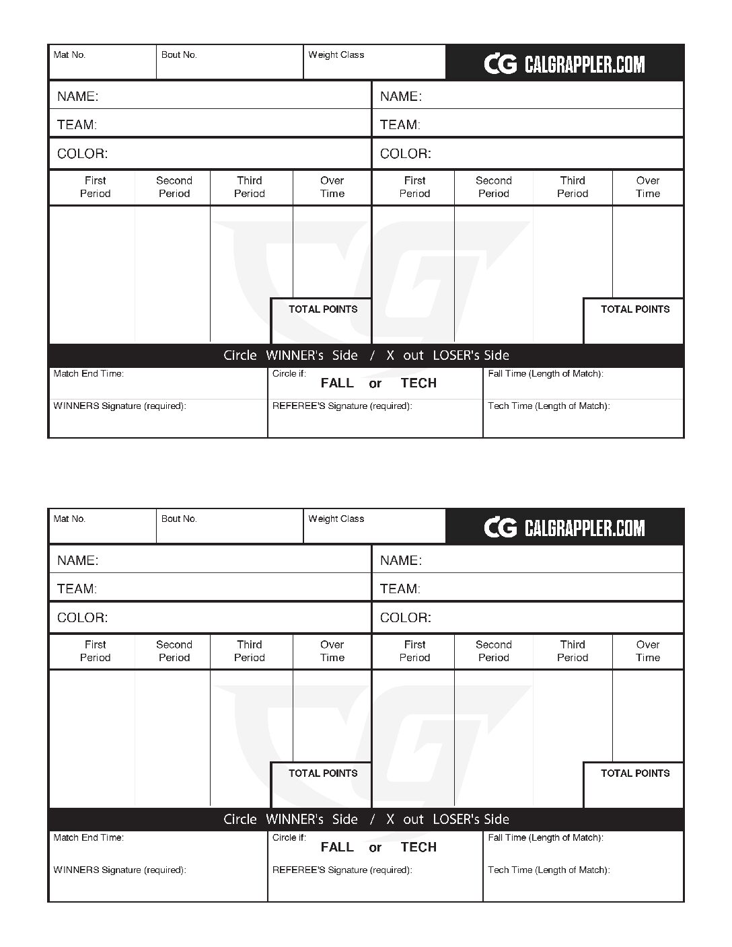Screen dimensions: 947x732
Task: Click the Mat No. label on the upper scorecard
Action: [69, 55]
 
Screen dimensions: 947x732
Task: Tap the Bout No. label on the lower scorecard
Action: [179, 519]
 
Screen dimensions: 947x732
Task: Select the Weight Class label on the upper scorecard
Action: [336, 55]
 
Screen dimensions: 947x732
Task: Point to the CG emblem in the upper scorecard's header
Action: [501, 64]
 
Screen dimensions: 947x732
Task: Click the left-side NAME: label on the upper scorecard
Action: [77, 96]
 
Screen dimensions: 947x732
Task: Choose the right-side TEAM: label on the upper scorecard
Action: [400, 124]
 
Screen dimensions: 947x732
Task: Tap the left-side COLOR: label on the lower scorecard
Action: [82, 617]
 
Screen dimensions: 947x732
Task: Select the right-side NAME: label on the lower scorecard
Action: [401, 560]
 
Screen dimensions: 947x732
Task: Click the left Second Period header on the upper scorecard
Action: [174, 187]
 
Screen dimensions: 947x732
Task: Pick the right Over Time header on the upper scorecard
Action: [648, 187]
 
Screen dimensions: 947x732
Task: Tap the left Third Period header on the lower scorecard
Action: [249, 651]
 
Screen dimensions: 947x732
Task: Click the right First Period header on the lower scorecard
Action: [414, 651]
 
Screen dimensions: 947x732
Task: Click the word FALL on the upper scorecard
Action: [337, 383]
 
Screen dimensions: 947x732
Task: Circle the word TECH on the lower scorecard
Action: [418, 847]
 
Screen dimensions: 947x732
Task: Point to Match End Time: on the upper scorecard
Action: [89, 374]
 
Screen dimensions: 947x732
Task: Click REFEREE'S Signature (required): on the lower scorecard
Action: [342, 870]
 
